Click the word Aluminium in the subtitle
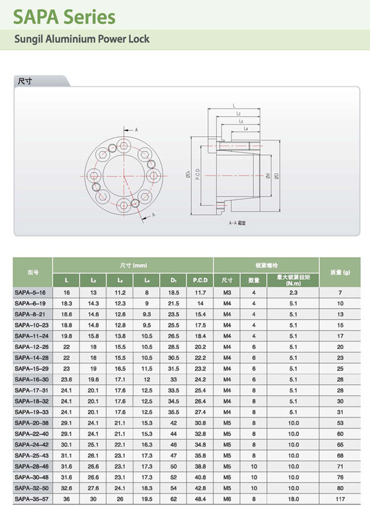point(70,39)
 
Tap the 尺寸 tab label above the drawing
point(25,81)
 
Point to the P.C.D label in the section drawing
point(198,174)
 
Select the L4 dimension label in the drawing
point(246,129)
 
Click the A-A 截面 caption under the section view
point(237,223)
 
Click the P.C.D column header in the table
point(200,280)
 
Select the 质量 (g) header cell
point(340,272)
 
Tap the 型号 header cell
point(33,272)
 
